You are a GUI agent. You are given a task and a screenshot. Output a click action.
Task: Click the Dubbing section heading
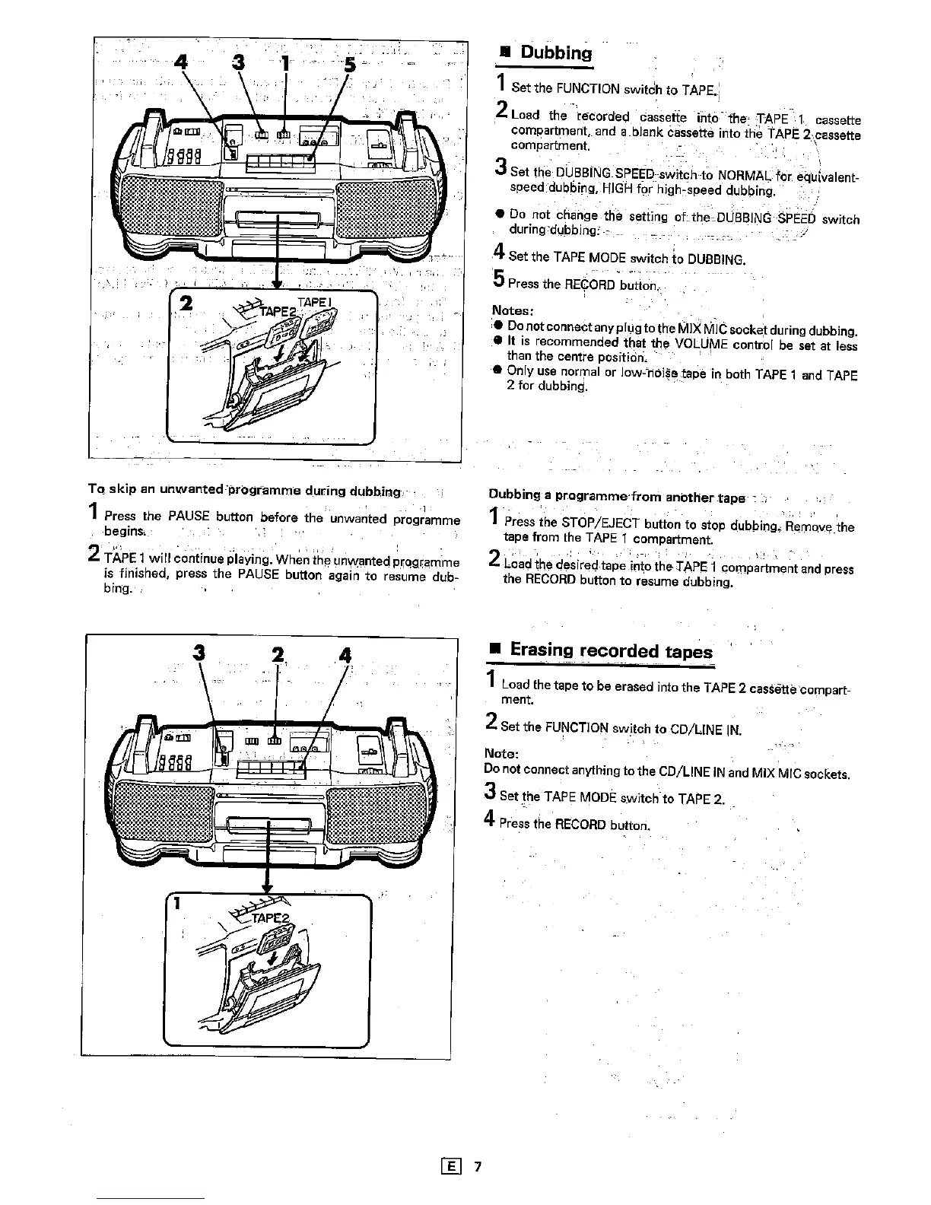point(555,53)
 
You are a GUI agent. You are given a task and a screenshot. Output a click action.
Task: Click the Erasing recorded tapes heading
point(611,651)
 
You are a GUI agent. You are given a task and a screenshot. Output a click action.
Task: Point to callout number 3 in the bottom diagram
point(199,653)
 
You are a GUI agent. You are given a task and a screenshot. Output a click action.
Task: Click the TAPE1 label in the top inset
point(310,302)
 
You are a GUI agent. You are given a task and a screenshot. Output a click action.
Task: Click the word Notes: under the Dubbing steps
point(513,311)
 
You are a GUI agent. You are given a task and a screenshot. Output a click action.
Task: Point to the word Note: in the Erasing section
point(502,754)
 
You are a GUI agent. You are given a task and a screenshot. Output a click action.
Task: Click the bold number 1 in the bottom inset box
point(176,904)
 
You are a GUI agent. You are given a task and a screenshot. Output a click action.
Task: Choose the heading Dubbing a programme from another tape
point(616,498)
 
